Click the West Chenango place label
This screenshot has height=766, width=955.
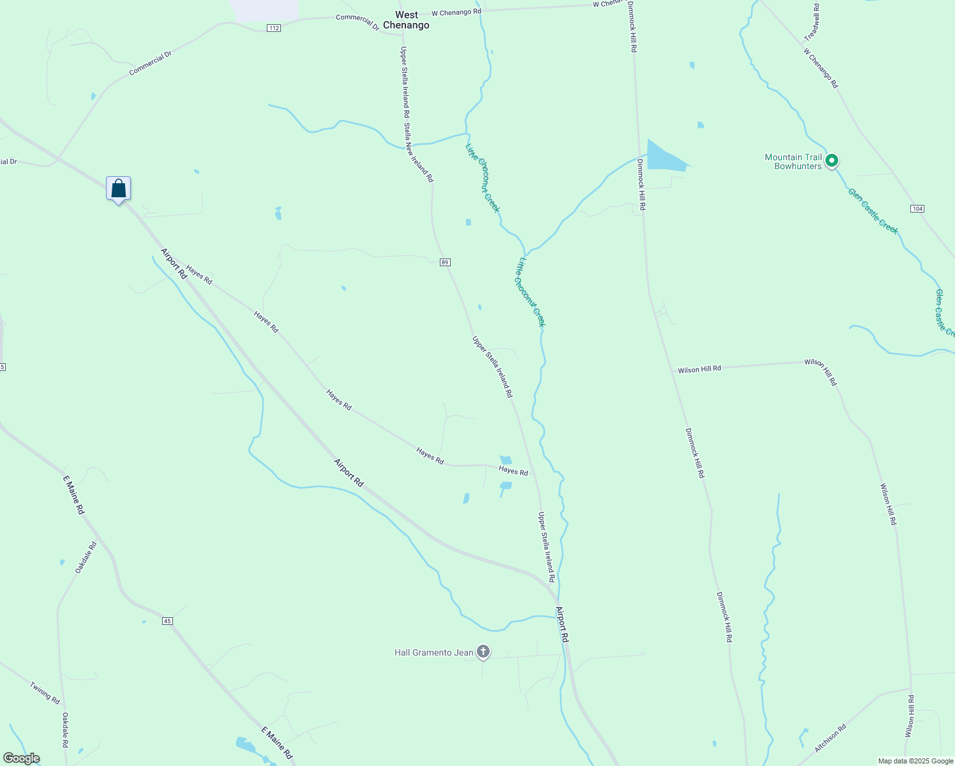(406, 20)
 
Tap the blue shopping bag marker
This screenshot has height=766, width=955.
(118, 189)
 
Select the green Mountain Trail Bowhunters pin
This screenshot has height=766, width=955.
(831, 161)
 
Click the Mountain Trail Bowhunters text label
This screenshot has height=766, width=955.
(793, 161)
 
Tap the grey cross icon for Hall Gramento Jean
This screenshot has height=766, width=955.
(483, 652)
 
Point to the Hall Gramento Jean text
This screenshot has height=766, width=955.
(434, 652)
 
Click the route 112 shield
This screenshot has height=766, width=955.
(274, 28)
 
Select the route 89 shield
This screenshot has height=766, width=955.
(445, 262)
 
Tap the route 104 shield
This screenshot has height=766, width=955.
(917, 209)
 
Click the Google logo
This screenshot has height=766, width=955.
(21, 758)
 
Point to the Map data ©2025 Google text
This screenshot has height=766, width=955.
(915, 761)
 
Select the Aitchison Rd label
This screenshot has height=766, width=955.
(830, 737)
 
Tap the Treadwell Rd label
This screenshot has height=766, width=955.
(812, 22)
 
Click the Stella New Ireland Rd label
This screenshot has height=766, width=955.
(418, 153)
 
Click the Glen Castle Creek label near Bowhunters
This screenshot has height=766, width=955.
(873, 211)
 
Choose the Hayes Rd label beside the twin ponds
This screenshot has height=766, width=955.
(513, 471)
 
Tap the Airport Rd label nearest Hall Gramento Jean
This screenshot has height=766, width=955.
(562, 624)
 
